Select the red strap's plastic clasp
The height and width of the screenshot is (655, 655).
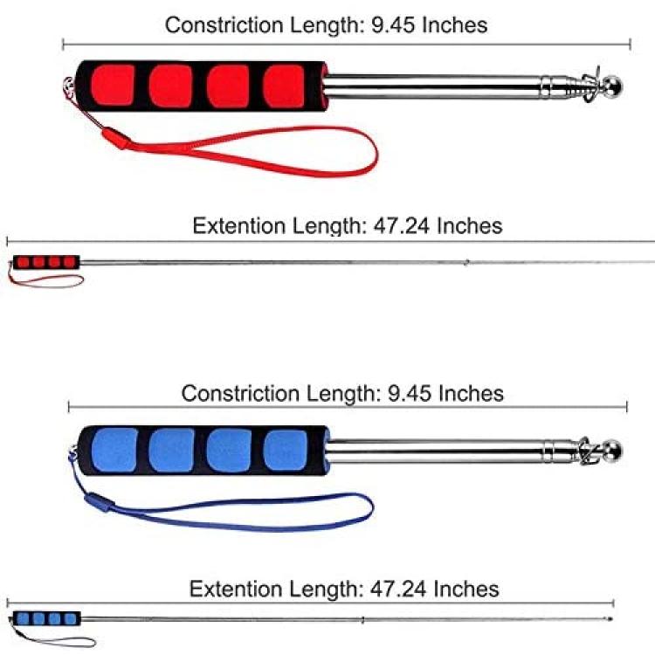(116, 139)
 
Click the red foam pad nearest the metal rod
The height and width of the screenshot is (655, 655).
(284, 86)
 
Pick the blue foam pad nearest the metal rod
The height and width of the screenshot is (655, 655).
(286, 451)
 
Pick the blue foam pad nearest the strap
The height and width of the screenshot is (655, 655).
(114, 450)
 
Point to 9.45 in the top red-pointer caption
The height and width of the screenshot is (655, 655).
(393, 25)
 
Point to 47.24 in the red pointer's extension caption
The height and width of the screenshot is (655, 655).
(402, 226)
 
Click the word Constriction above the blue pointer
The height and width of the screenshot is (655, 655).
(241, 394)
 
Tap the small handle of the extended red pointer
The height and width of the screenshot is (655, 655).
(46, 262)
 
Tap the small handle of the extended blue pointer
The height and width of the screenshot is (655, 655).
(47, 618)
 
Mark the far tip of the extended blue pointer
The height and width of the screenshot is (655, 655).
(610, 618)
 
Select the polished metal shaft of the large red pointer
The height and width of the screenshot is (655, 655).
(434, 86)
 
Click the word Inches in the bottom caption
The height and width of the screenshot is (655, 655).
(466, 589)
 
